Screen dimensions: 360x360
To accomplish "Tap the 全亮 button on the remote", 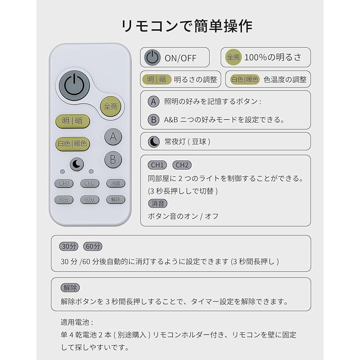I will pyautogui.click(x=111, y=107).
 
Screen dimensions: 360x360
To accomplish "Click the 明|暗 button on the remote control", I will pyautogui.click(x=72, y=121).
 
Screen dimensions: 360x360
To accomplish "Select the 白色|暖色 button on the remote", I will pyautogui.click(x=72, y=144).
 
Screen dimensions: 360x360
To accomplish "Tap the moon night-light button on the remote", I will pyautogui.click(x=76, y=165).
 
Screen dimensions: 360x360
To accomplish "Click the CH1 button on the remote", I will pyautogui.click(x=63, y=183).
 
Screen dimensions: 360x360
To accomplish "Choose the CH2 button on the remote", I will pyautogui.click(x=90, y=183).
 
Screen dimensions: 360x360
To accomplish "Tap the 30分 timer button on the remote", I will pyautogui.click(x=63, y=199).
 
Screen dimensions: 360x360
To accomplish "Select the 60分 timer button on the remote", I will pyautogui.click(x=90, y=199).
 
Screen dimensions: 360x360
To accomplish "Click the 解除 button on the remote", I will pyautogui.click(x=116, y=199).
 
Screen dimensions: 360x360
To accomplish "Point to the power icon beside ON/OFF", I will pyautogui.click(x=153, y=58).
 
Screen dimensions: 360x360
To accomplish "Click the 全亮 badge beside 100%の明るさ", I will pyautogui.click(x=233, y=57).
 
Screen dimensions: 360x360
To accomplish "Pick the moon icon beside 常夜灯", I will pyautogui.click(x=154, y=141).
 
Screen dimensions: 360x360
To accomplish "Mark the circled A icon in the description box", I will pyautogui.click(x=154, y=102).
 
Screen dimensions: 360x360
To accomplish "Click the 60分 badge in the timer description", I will pyautogui.click(x=93, y=246).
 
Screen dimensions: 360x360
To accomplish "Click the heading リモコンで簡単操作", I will pyautogui.click(x=180, y=25).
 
